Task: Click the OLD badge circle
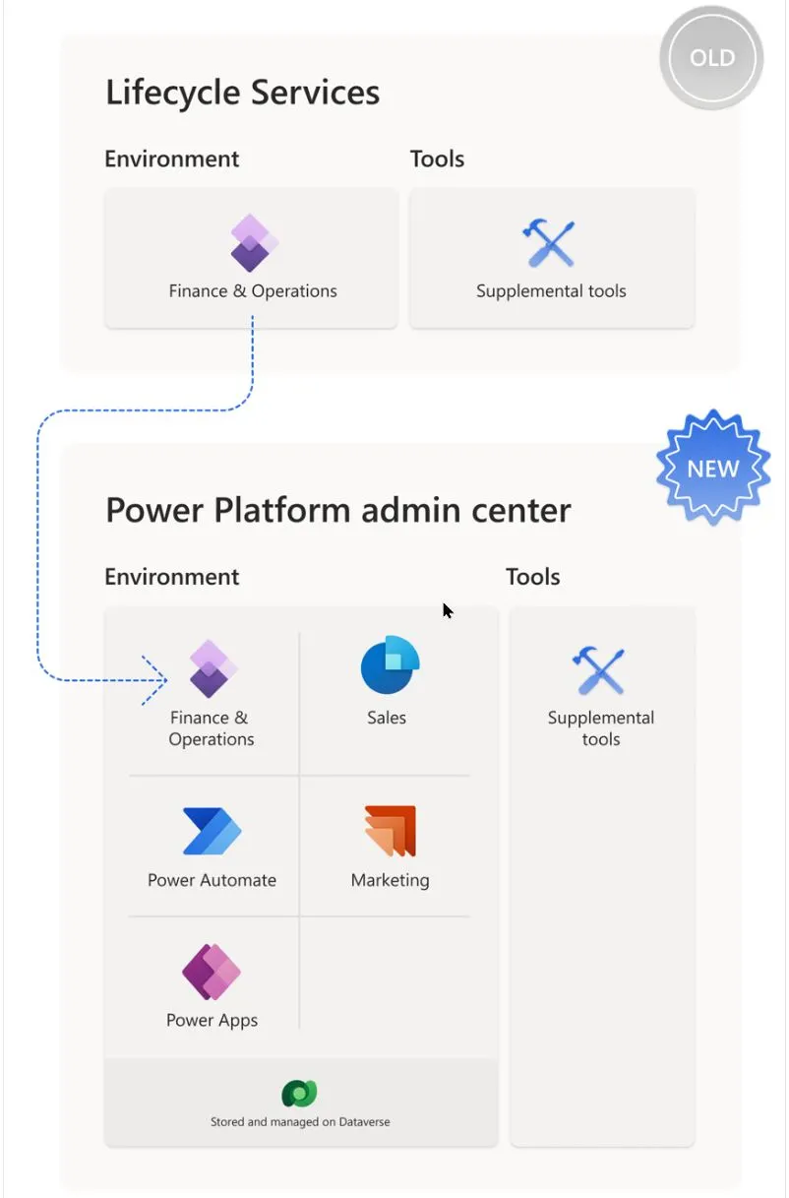tap(711, 58)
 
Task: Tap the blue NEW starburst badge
tap(713, 468)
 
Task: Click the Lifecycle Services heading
tap(243, 93)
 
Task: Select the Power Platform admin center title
tap(338, 510)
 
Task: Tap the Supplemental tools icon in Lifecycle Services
tap(548, 242)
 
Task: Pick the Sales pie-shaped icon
tap(391, 664)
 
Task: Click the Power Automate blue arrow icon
tap(212, 831)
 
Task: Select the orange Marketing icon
tap(391, 831)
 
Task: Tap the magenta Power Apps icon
tap(212, 972)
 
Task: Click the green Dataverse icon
tap(299, 1093)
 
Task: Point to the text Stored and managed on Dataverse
tap(300, 1122)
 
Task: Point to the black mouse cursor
tap(448, 610)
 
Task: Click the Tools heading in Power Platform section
tap(533, 577)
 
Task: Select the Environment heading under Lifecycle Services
tap(171, 159)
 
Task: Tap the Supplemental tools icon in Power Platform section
tap(598, 670)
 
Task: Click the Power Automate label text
tap(212, 880)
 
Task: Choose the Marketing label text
tap(391, 880)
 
